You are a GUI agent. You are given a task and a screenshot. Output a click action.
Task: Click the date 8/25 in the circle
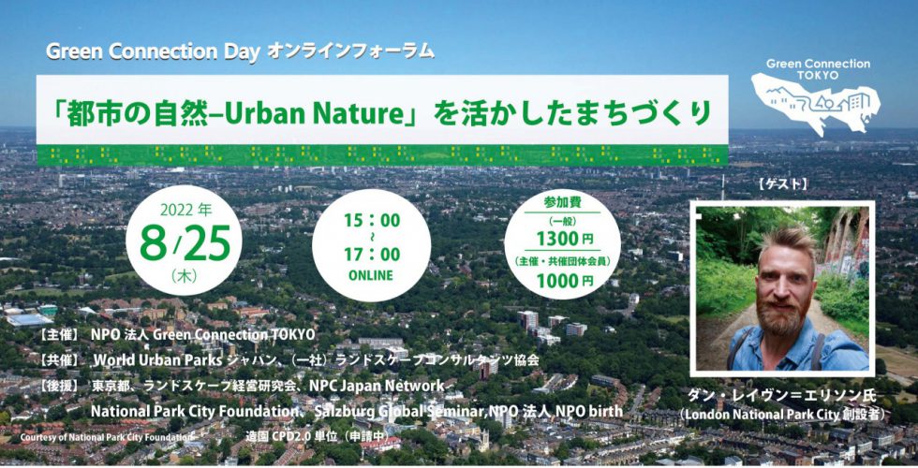[x=185, y=244]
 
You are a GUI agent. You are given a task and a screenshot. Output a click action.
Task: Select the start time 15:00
[x=372, y=221]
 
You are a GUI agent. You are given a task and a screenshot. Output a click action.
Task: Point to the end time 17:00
[x=372, y=255]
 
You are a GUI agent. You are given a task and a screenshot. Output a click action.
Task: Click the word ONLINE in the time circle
[x=371, y=275]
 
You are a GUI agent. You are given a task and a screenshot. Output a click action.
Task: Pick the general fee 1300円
[x=564, y=240]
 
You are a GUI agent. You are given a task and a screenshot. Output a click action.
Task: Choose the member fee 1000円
[x=564, y=281]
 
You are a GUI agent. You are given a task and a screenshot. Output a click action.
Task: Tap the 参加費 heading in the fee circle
[x=562, y=203]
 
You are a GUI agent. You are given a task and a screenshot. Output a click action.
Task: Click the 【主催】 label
[x=57, y=335]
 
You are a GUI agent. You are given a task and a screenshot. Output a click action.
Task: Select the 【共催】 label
[x=57, y=360]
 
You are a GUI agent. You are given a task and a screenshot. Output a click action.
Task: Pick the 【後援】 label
[x=57, y=386]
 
